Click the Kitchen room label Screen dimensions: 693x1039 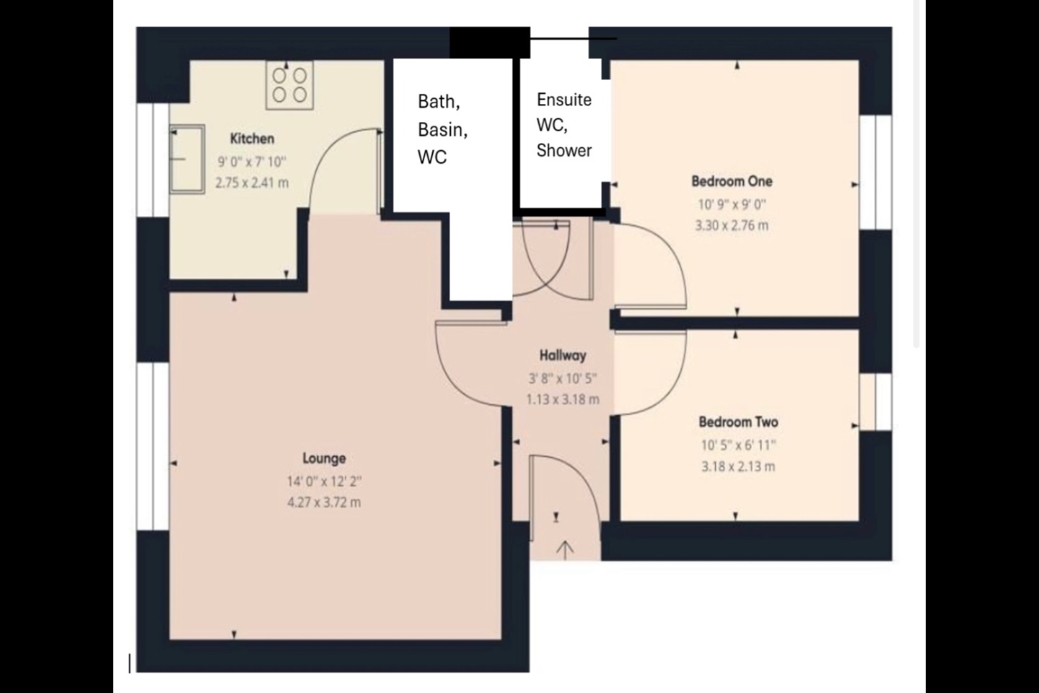point(252,139)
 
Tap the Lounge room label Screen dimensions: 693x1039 point(324,458)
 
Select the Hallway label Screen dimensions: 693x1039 point(563,355)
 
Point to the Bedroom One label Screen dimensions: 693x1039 point(732,181)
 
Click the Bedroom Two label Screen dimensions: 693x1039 point(738,422)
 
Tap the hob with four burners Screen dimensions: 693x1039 point(289,84)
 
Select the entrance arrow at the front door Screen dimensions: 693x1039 point(564,549)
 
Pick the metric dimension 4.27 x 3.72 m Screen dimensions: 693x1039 point(324,502)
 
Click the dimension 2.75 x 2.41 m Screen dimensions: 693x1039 point(252,183)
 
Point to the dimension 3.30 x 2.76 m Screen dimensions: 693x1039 point(732,225)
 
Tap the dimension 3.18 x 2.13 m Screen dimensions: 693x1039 point(738,466)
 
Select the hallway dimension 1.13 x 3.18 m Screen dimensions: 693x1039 point(563,399)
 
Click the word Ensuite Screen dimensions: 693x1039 point(564,100)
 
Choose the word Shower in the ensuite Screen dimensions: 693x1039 point(564,150)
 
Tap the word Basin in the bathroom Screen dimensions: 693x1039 point(442,129)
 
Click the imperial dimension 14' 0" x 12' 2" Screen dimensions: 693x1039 point(324,481)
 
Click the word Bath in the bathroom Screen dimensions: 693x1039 point(438,102)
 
